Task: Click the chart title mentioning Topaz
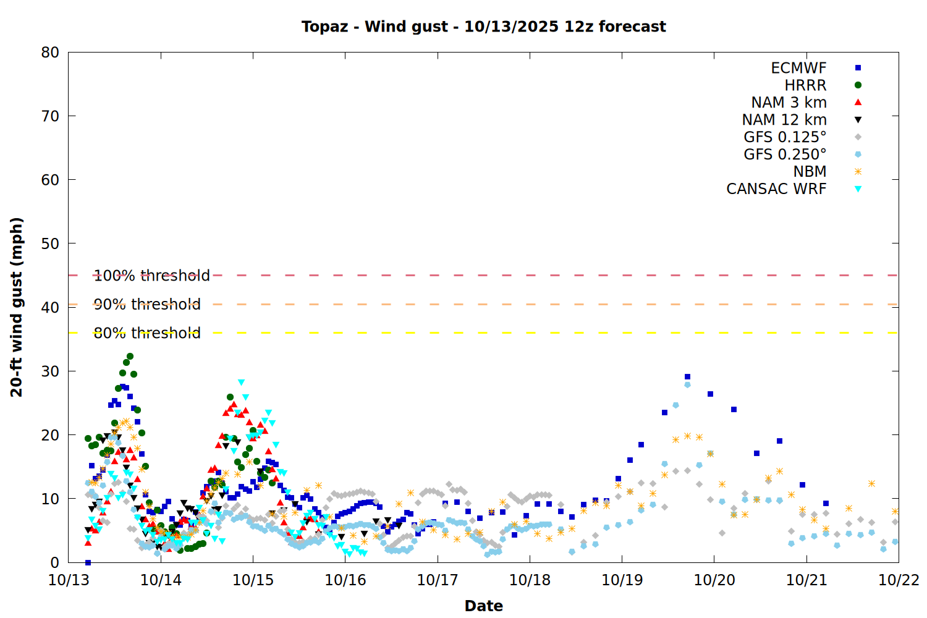pos(483,27)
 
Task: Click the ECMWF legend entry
pos(798,68)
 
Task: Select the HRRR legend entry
pos(805,85)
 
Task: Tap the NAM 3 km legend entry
pos(789,103)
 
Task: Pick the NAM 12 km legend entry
pos(784,120)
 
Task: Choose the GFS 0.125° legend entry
pos(785,137)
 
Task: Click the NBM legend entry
pos(810,172)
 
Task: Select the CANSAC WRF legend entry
pos(776,189)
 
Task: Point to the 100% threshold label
pos(151,276)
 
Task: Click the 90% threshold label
pos(147,304)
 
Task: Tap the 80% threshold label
pos(147,333)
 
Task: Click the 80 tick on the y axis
pos(51,53)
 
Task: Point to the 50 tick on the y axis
pos(51,243)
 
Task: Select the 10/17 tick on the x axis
pos(438,580)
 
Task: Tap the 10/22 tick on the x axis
pos(899,580)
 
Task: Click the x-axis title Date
pos(483,606)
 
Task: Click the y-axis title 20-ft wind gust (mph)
pos(17,307)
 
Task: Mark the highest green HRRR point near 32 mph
pos(130,357)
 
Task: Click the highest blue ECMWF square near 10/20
pos(687,376)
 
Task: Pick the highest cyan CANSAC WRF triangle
pos(241,383)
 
